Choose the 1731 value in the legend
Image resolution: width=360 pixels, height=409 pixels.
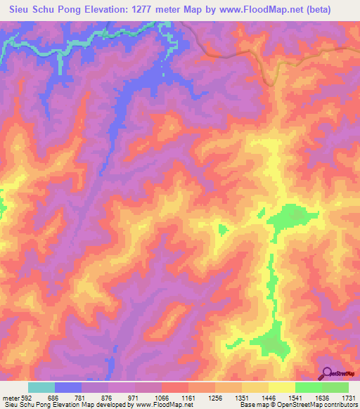coord(349,397)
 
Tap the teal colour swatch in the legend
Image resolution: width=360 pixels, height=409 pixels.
coord(41,387)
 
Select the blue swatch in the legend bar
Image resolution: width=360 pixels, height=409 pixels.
coord(68,387)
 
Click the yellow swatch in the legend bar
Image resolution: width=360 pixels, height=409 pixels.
coord(281,387)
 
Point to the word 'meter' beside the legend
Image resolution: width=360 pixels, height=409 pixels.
coord(10,397)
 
